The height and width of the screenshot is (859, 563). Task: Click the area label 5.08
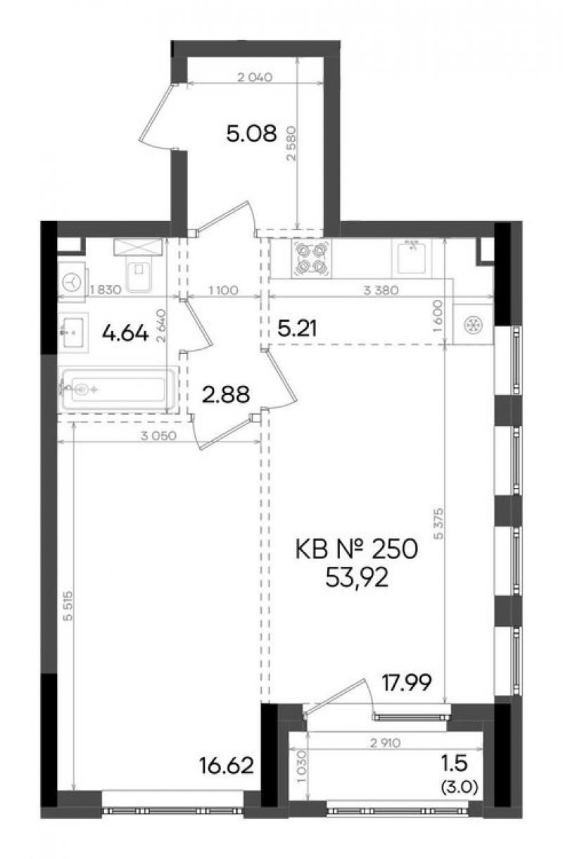pyautogui.click(x=251, y=134)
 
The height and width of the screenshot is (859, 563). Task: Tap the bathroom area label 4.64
pyautogui.click(x=125, y=333)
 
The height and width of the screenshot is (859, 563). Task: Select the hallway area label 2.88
pyautogui.click(x=226, y=394)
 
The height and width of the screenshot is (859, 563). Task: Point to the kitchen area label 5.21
pyautogui.click(x=297, y=329)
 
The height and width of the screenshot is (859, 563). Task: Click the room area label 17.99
pyautogui.click(x=407, y=682)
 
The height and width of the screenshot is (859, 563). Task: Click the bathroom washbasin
pyautogui.click(x=73, y=332)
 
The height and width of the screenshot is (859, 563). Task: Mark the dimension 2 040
pyautogui.click(x=255, y=77)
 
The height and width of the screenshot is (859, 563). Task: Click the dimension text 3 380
pyautogui.click(x=381, y=290)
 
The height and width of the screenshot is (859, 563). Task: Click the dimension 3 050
pyautogui.click(x=158, y=436)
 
